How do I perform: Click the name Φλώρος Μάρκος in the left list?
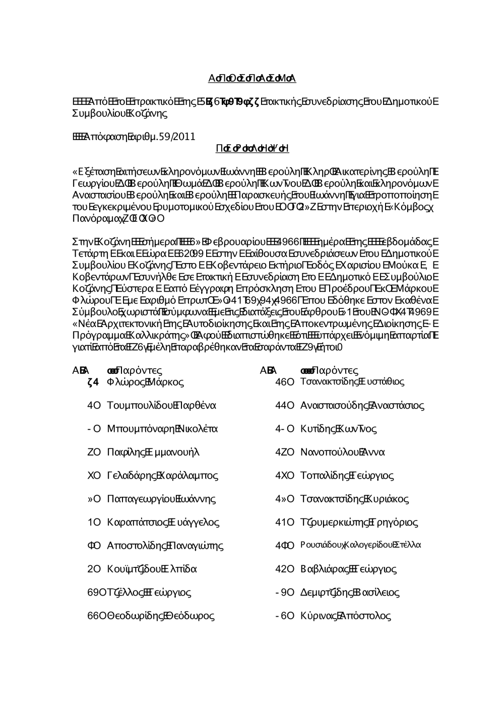coord(145,382)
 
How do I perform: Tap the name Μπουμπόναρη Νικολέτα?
coord(162,429)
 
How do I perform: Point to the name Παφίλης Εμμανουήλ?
coord(154,452)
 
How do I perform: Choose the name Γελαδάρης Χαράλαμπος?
coord(162,475)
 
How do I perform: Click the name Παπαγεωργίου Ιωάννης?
coord(161,499)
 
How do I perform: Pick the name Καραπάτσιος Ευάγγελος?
coord(163,523)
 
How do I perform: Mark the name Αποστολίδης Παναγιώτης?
coord(165,546)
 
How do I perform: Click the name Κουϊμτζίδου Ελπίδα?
coord(152,569)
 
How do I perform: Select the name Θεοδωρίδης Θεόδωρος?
coord(160,616)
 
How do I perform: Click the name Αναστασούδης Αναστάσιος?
coord(362,406)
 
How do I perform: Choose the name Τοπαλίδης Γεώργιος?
coord(347,475)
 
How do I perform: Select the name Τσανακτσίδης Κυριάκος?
coord(354,499)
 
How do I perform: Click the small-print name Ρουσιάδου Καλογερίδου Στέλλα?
coord(360,545)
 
